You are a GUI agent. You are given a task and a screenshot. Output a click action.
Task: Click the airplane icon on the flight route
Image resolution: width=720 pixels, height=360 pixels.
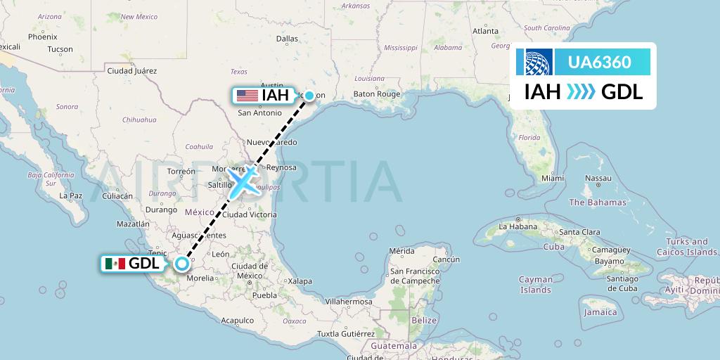(243, 182)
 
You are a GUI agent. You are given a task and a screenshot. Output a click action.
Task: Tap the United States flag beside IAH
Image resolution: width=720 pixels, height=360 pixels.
(247, 95)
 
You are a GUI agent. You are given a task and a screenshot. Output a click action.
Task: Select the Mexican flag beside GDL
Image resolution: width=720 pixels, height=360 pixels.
(114, 264)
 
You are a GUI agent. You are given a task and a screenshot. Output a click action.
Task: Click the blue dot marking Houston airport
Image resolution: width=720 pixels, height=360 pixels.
(309, 95)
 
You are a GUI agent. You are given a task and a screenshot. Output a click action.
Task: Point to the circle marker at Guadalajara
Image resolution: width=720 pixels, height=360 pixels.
(182, 264)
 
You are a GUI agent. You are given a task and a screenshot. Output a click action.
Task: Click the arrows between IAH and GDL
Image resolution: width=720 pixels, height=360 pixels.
(580, 92)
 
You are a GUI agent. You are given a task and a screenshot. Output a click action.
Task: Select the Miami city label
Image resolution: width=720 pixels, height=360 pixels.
(553, 179)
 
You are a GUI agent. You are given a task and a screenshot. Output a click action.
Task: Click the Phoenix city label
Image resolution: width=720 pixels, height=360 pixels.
(42, 37)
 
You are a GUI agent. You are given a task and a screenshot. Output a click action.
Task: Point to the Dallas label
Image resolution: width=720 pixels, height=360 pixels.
(287, 39)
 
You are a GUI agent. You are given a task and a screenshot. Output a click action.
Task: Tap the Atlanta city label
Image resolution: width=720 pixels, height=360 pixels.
(485, 31)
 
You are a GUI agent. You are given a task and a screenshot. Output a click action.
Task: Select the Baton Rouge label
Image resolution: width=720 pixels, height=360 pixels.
(376, 94)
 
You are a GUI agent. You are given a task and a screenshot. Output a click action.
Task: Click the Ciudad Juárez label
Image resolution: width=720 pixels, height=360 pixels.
(131, 71)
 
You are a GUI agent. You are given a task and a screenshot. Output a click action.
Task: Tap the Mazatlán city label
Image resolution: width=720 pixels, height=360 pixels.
(133, 224)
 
